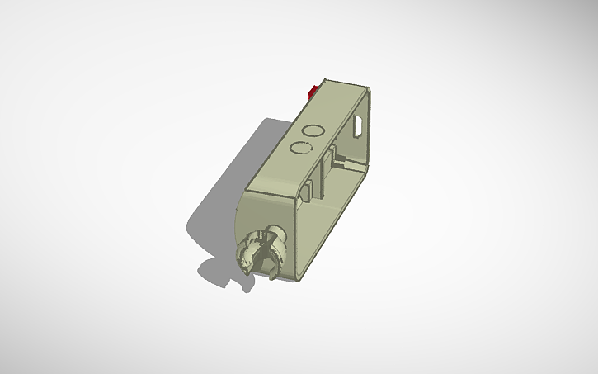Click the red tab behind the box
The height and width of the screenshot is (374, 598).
(x=314, y=90)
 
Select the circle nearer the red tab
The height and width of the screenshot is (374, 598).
(x=313, y=130)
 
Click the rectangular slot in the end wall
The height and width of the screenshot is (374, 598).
(x=360, y=125)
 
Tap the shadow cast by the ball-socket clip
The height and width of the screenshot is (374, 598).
(x=216, y=272)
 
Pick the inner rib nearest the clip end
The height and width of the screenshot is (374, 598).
(x=306, y=190)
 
